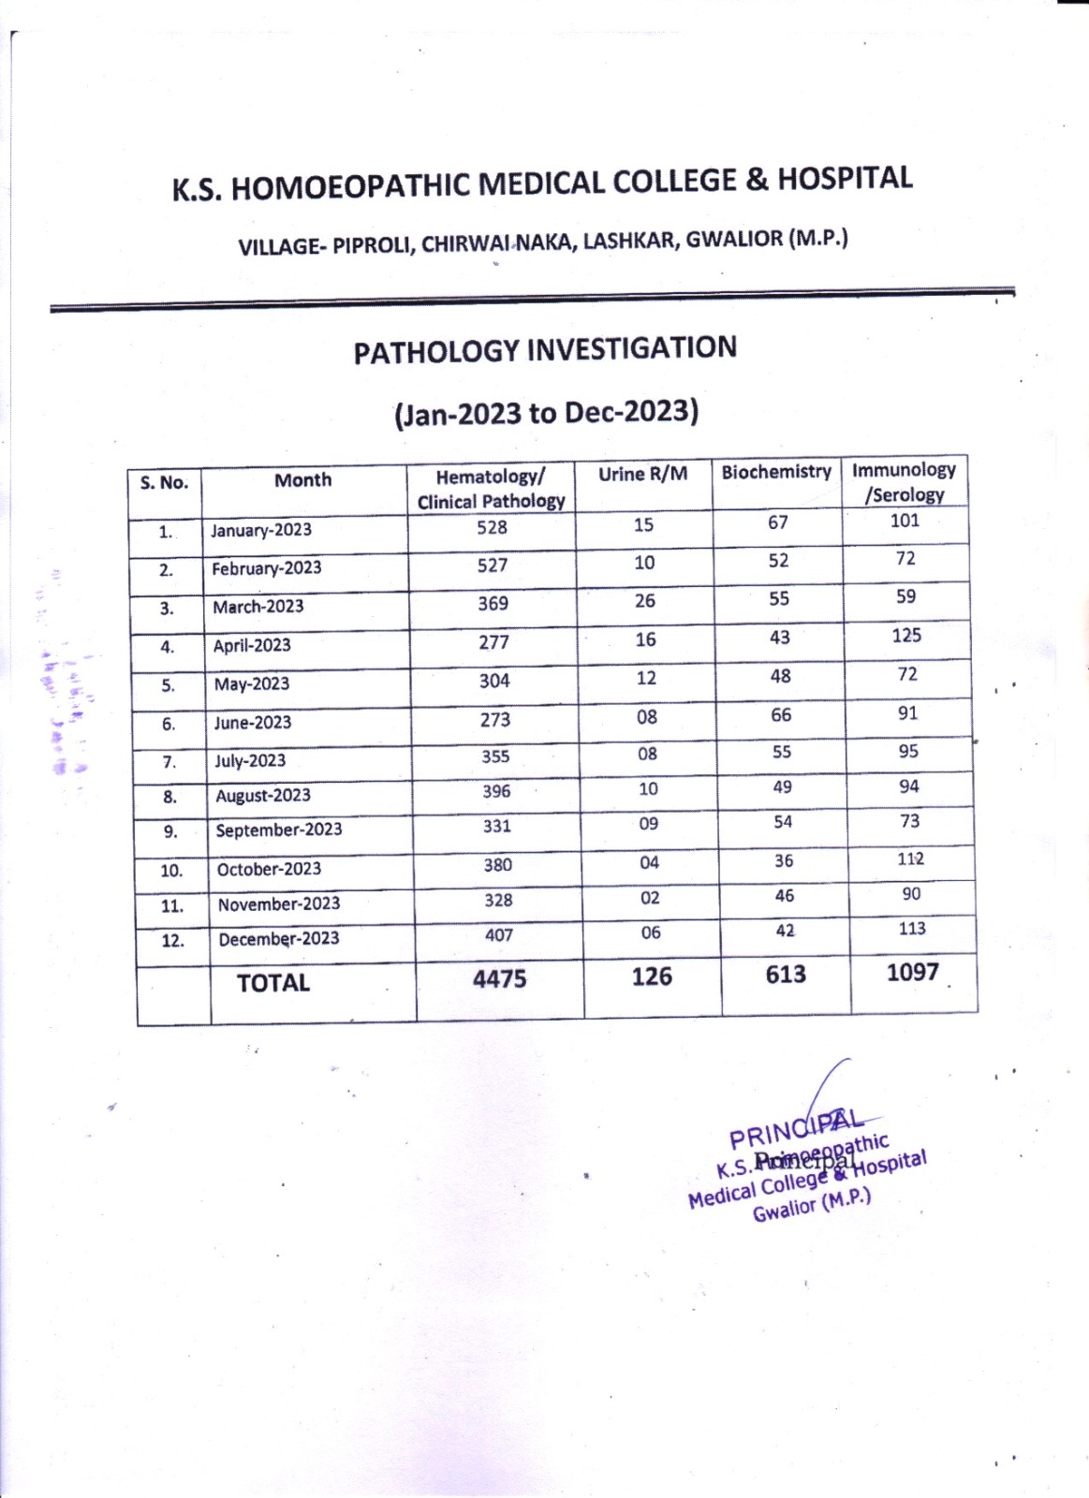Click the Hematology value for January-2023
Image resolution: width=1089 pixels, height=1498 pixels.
coord(492,527)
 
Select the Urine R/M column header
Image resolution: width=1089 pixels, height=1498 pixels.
coord(642,475)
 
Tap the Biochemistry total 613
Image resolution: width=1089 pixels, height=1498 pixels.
coord(786,975)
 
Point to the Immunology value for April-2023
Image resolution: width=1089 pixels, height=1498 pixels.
coord(906,636)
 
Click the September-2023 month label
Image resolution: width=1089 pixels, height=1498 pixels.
coord(279,830)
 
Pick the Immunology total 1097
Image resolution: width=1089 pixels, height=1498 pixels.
coord(913,973)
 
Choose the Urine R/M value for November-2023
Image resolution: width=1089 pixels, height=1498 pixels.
coord(650,899)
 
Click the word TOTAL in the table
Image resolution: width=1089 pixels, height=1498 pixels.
coord(272,983)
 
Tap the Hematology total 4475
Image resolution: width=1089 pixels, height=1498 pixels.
coord(499,979)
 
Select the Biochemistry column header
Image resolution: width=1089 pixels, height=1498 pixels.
coord(776,472)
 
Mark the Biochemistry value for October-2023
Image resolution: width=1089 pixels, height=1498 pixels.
coord(784,860)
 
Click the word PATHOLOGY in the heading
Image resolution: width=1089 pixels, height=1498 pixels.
coord(435,352)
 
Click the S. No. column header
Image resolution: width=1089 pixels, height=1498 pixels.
coord(164,483)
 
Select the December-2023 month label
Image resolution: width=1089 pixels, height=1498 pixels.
coord(279,939)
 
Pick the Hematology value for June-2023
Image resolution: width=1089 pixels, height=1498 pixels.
coord(495,720)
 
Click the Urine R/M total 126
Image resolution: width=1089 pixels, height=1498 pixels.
coord(652,977)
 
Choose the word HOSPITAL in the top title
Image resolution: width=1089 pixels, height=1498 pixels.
coord(845,179)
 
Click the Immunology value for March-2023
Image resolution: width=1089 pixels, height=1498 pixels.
coord(905,596)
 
